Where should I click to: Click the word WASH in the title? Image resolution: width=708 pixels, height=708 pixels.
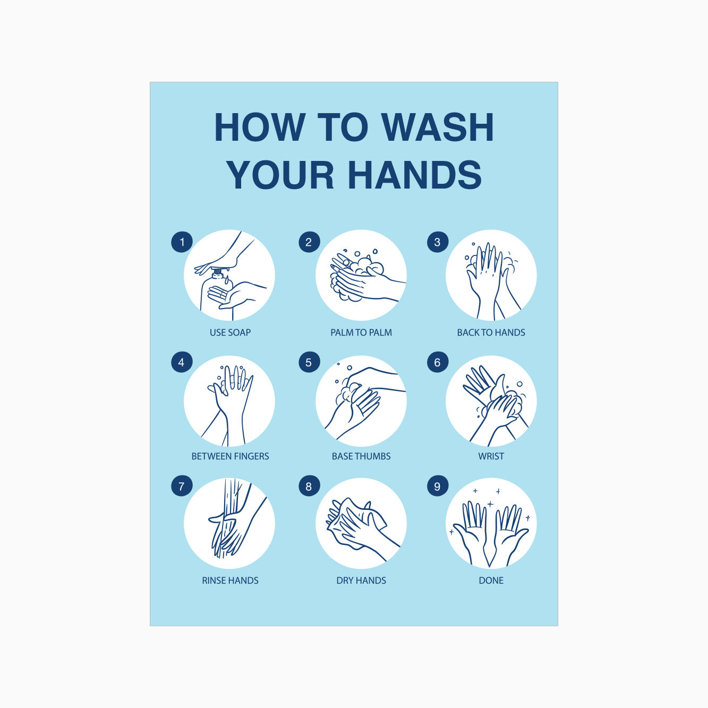point(438,127)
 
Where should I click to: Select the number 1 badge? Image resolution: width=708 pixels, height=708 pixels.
point(182,242)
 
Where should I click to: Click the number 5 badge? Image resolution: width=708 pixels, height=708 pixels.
point(309,362)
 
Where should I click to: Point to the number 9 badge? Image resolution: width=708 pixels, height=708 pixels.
point(438,485)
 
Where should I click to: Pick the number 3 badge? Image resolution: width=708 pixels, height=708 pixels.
point(438,242)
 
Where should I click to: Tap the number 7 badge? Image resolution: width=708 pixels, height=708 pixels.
point(182,485)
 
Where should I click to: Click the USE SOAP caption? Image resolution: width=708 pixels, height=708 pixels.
point(230,332)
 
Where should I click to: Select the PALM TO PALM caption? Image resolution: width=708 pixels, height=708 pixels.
point(361,332)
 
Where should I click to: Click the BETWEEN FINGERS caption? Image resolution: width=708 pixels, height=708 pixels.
point(230,456)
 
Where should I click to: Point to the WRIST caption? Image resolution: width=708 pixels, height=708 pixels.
point(491,456)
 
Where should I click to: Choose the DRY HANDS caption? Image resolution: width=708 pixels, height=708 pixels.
point(361,581)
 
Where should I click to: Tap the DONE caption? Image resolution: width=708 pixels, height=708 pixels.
point(491,581)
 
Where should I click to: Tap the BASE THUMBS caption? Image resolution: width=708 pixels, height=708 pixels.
point(361,456)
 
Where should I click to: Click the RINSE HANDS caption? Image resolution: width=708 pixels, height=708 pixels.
point(230,581)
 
